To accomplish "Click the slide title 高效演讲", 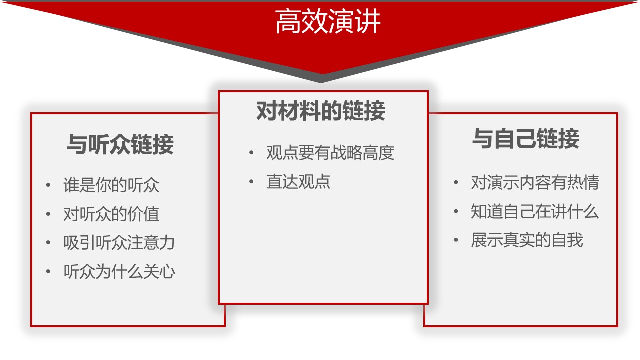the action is [x=328, y=21].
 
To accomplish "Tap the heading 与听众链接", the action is [x=120, y=144].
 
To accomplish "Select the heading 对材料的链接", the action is [x=321, y=111].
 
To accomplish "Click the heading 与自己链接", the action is [x=526, y=139].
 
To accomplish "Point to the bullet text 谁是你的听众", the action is [x=111, y=185].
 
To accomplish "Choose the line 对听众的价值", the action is [x=111, y=214].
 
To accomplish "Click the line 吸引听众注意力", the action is [x=119, y=243].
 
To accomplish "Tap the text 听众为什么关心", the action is [x=119, y=271].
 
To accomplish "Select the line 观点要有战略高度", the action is [x=330, y=153].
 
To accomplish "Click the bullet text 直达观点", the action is [x=298, y=181].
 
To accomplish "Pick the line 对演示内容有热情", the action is [x=535, y=182].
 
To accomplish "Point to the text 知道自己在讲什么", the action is [x=535, y=211].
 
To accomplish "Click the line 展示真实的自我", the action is [x=527, y=240].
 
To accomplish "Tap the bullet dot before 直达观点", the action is [x=251, y=181].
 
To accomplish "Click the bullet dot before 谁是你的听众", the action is [x=48, y=185].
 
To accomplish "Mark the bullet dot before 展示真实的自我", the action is [x=456, y=240].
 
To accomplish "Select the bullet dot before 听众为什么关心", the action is [x=48, y=271].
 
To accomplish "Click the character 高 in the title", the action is [x=288, y=21].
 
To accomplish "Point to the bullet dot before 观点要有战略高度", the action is [x=251, y=153].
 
